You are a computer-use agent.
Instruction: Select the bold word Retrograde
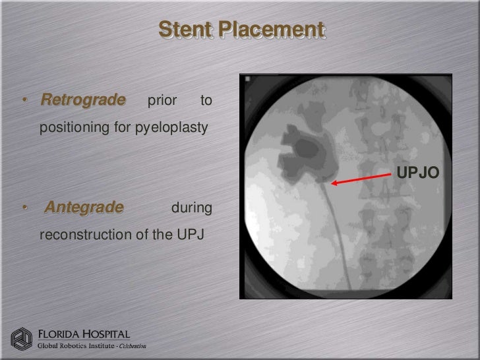coord(82,101)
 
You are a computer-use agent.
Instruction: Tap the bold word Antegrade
coord(84,208)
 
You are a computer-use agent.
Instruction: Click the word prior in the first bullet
coord(162,102)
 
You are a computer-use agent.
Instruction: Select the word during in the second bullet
coord(191,209)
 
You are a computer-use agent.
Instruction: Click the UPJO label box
coord(416,173)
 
